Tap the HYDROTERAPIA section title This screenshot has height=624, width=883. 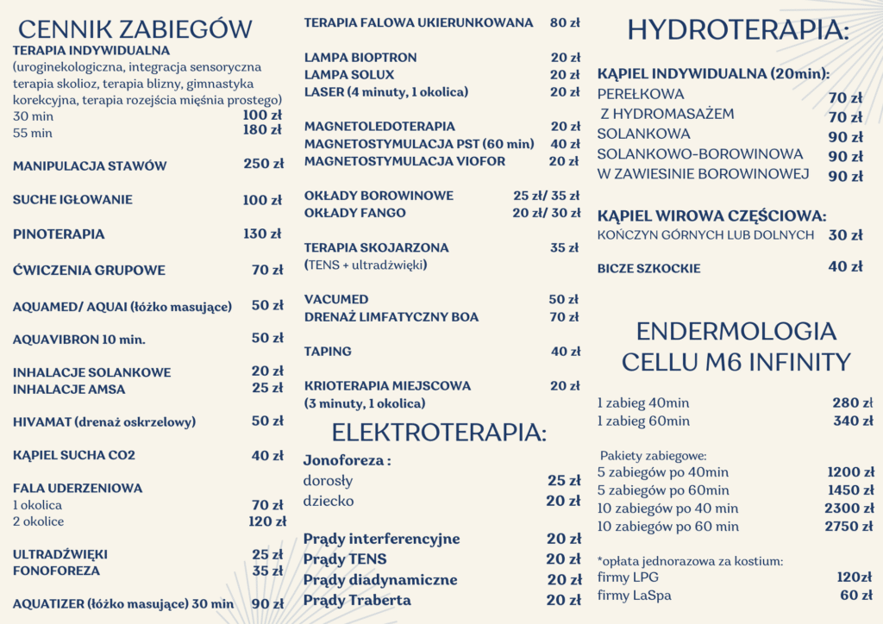[x=738, y=30]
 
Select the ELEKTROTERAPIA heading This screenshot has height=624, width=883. [x=439, y=432]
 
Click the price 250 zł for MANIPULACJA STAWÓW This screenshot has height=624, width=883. [x=263, y=165]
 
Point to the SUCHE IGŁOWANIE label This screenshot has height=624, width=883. [x=72, y=200]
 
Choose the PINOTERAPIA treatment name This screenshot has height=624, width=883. [x=59, y=234]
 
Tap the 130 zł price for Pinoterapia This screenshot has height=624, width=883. [x=263, y=234]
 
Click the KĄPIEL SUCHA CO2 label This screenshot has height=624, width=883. [x=74, y=456]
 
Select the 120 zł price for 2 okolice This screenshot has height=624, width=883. [x=267, y=521]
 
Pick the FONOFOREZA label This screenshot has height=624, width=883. [x=56, y=571]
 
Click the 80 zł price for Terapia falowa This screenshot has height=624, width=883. [x=565, y=22]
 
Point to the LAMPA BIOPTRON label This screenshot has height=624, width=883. [x=360, y=58]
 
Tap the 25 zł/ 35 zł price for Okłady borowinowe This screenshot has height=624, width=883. [x=547, y=196]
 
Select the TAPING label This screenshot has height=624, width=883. [x=328, y=352]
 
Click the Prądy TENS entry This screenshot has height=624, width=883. [x=345, y=559]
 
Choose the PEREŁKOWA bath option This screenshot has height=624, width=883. [x=641, y=95]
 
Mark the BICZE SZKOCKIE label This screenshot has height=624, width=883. [x=648, y=269]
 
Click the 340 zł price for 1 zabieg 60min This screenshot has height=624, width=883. [x=853, y=421]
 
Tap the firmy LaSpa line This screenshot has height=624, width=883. [x=634, y=596]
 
